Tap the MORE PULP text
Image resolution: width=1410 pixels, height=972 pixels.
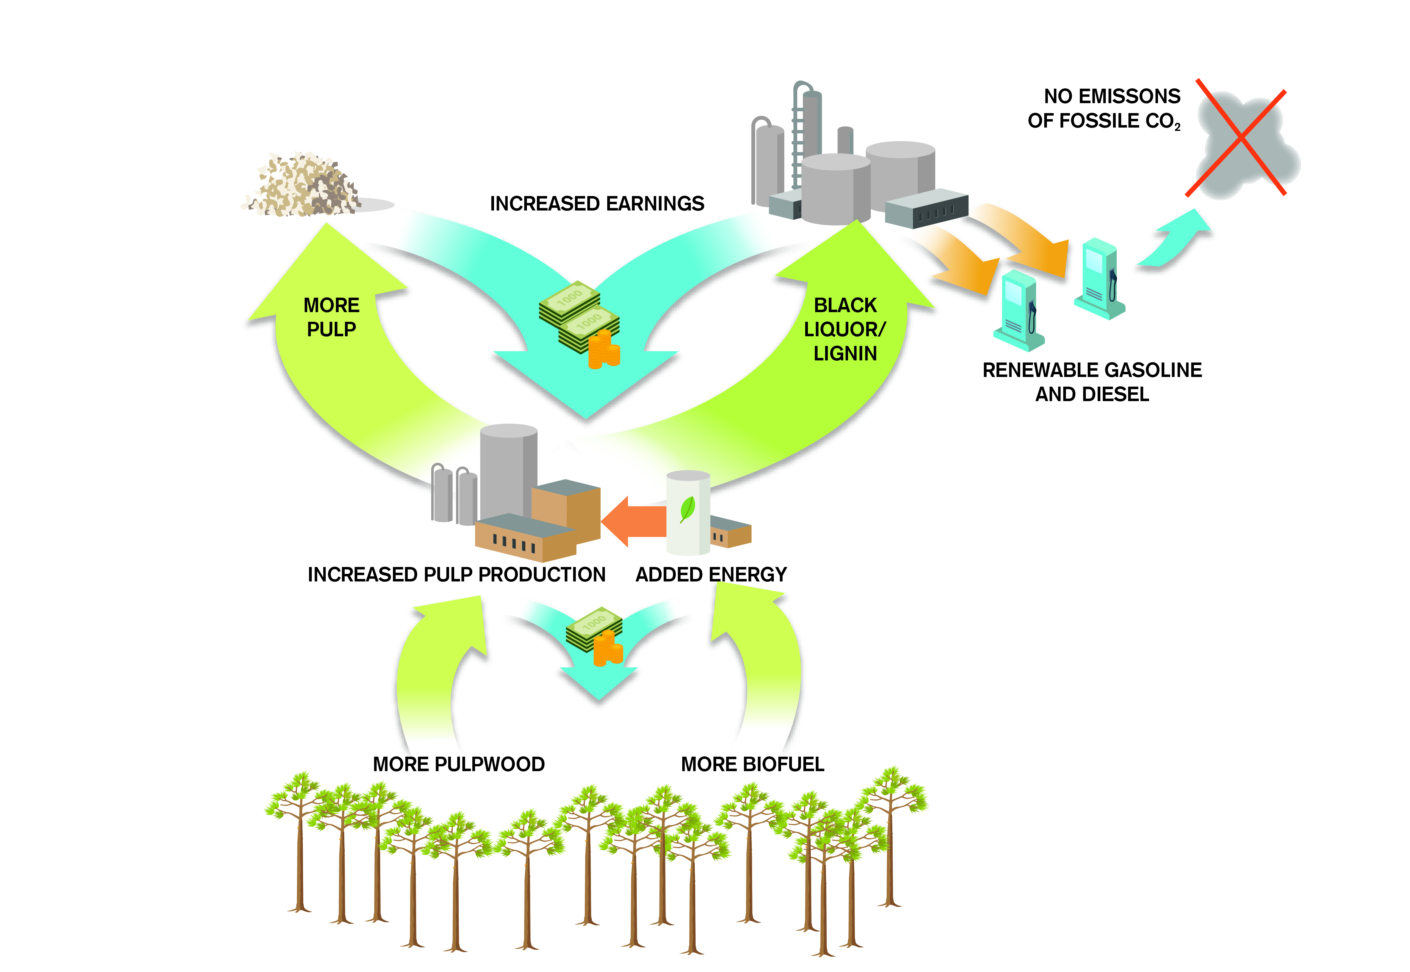(331, 317)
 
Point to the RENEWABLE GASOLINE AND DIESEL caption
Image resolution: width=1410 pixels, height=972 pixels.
(1092, 382)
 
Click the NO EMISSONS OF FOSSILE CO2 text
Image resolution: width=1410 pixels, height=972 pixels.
(1104, 108)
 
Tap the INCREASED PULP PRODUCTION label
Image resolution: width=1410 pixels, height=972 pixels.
(456, 574)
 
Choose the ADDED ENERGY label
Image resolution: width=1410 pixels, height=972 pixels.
(711, 574)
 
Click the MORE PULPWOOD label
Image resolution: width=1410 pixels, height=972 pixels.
(459, 764)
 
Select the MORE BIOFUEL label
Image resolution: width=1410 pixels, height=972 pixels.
(752, 764)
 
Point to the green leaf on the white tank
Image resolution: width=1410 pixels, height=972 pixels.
(688, 508)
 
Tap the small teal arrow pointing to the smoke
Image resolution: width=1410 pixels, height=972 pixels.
(1176, 241)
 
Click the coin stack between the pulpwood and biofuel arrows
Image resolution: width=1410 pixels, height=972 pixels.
(608, 649)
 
